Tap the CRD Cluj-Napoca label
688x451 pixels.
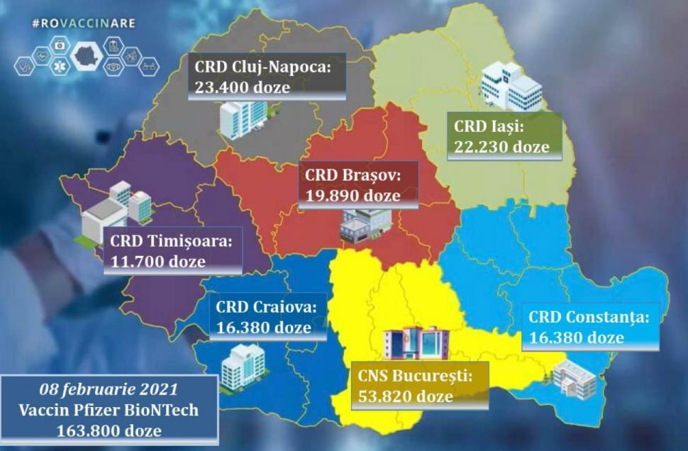tap(262, 68)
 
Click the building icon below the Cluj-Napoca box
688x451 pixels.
tap(243, 118)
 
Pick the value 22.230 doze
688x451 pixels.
tap(501, 147)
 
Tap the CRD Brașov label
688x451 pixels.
tap(353, 174)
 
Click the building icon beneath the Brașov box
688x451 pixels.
tap(365, 226)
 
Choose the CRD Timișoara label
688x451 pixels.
tap(171, 240)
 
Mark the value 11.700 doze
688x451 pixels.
tap(157, 261)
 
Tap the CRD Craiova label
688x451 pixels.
tap(267, 308)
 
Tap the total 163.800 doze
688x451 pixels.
tap(109, 430)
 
